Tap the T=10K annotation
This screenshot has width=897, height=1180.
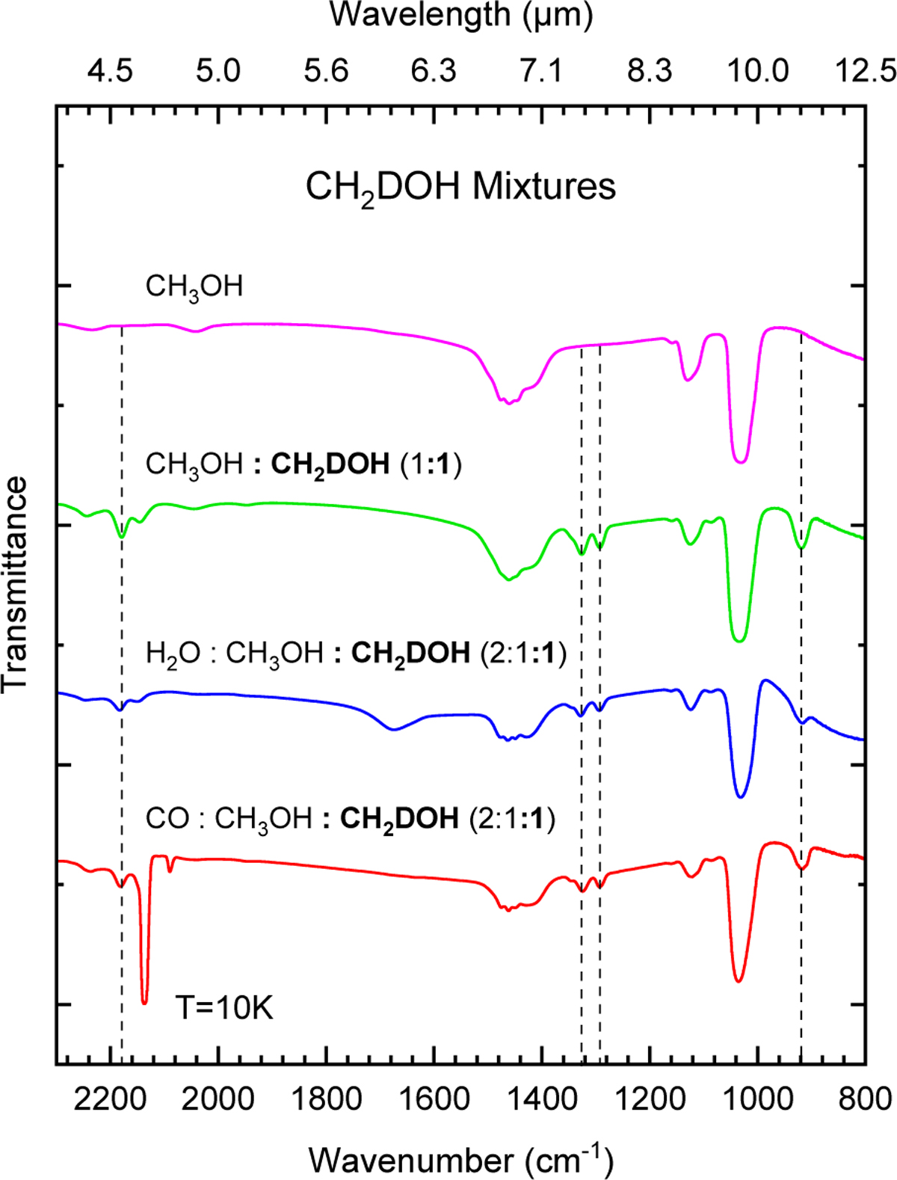[224, 1008]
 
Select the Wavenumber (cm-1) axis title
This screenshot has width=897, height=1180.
[460, 1159]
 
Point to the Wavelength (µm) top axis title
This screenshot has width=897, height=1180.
[461, 15]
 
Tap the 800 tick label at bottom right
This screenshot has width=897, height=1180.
[864, 1099]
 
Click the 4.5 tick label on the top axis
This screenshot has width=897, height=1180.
[110, 71]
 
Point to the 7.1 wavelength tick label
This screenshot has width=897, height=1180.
[541, 71]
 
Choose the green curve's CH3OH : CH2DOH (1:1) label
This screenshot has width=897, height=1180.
[303, 465]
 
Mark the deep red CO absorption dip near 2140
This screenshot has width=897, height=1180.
[144, 1001]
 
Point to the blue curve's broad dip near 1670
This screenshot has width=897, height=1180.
[393, 729]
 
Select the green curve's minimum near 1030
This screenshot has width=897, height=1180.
[739, 640]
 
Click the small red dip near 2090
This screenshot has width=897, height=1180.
[170, 870]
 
